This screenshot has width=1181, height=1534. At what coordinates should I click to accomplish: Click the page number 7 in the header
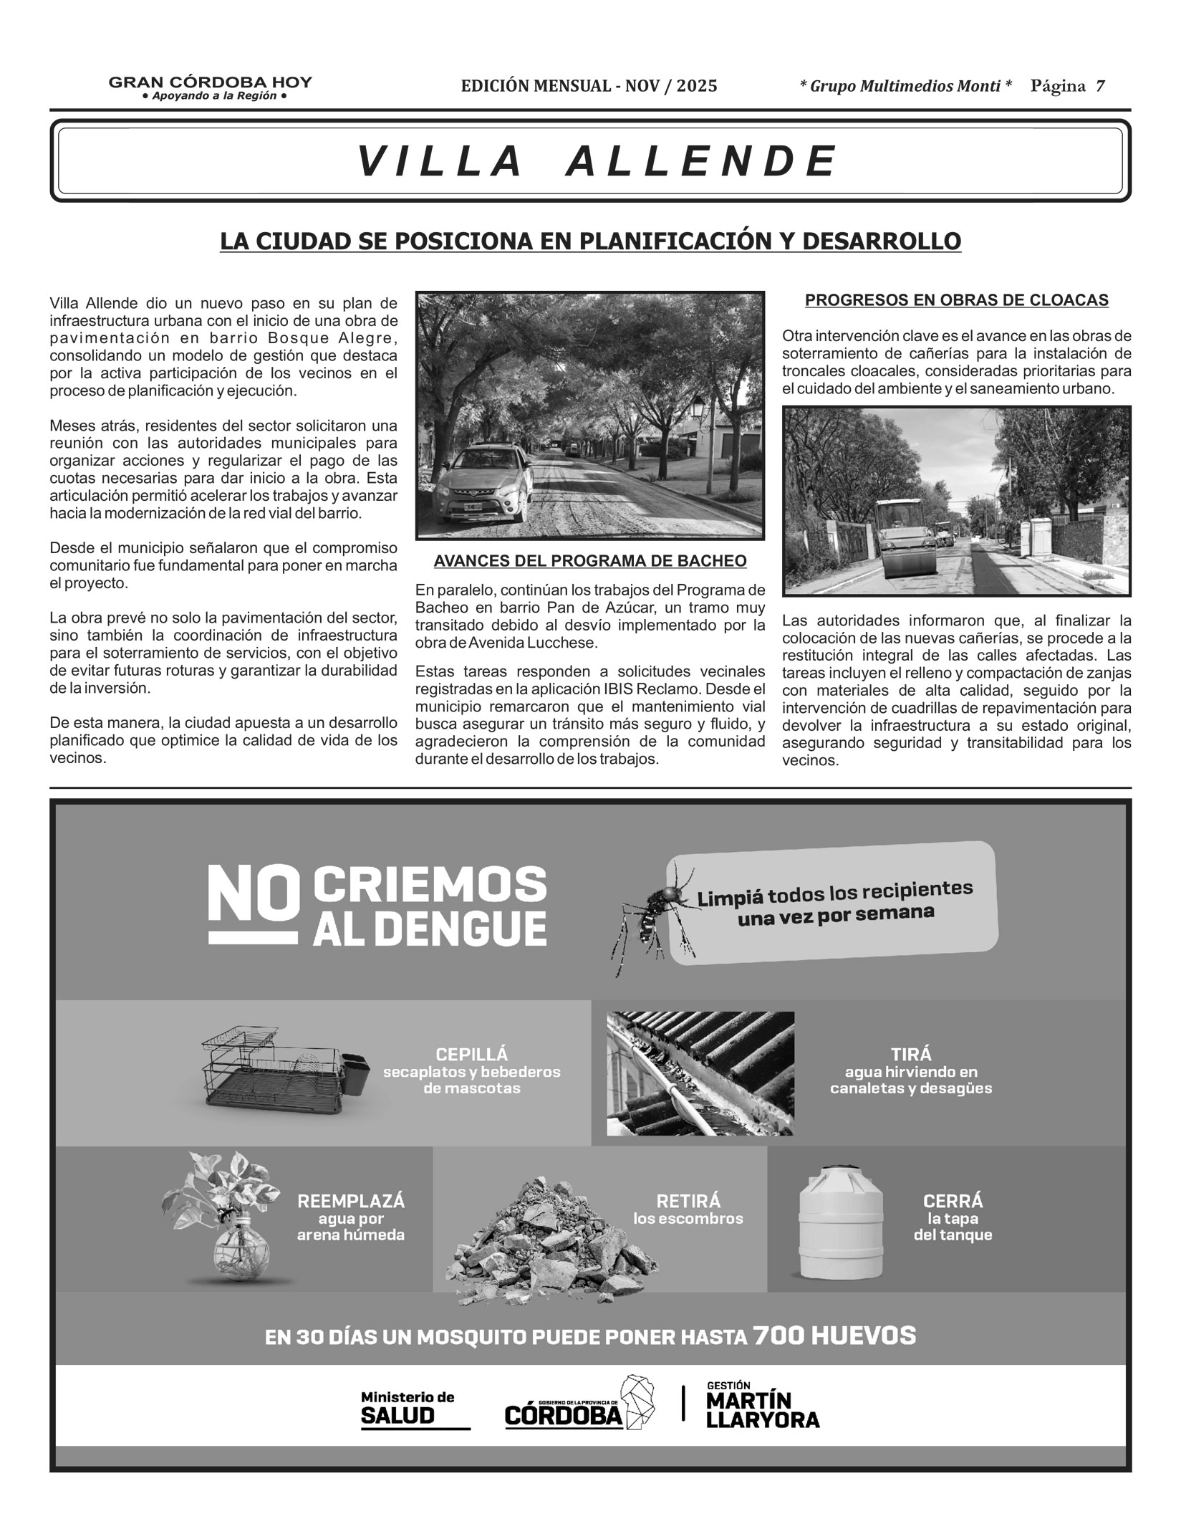(1099, 87)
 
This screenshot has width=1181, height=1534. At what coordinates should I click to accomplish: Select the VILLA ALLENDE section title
(597, 160)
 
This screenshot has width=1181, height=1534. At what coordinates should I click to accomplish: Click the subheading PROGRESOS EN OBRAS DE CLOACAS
(956, 300)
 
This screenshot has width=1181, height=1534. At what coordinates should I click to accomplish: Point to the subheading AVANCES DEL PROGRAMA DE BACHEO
(590, 561)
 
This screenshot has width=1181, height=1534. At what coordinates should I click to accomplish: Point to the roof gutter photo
(700, 1073)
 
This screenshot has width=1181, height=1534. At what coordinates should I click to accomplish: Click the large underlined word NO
(252, 904)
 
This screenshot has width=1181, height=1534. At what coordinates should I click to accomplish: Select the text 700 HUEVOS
(834, 1336)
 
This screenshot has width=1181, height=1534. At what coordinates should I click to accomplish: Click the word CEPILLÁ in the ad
(471, 1055)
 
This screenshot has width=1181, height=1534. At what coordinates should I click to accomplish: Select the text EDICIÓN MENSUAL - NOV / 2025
(589, 87)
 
